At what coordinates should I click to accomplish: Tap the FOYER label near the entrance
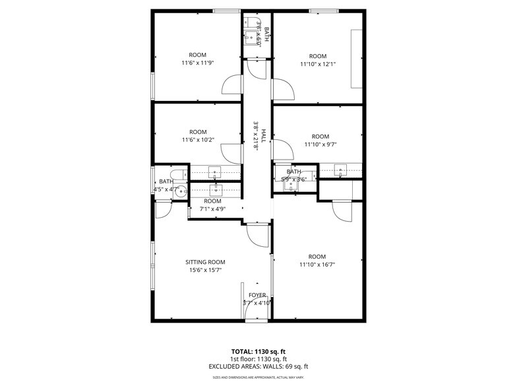[257, 295]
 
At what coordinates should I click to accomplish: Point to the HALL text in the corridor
[262, 137]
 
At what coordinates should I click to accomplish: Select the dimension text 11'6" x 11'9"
[198, 63]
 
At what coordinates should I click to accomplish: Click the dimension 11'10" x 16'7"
[317, 265]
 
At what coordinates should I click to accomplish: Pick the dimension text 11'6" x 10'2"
[198, 140]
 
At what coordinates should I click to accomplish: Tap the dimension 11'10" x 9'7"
[320, 145]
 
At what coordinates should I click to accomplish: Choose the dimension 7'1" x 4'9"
[212, 209]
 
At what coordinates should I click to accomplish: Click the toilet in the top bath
[257, 23]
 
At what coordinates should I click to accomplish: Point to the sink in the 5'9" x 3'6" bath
[291, 185]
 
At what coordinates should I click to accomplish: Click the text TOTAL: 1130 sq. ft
[258, 352]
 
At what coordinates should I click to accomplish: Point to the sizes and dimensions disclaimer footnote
[258, 377]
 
